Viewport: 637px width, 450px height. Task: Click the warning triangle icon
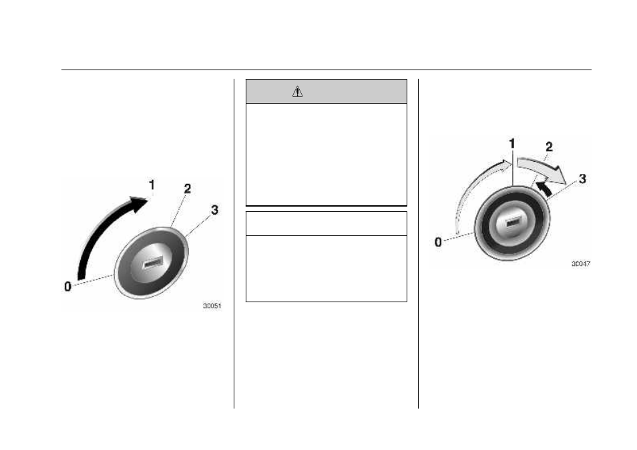[x=297, y=92]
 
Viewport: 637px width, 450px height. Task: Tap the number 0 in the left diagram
[x=68, y=286]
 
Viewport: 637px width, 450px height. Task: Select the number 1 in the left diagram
[x=152, y=185]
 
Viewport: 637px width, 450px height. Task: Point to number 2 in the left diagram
[x=187, y=189]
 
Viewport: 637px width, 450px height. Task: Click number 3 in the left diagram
[x=214, y=210]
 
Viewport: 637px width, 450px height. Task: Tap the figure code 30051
[x=212, y=306]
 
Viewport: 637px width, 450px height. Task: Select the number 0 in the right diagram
[x=438, y=242]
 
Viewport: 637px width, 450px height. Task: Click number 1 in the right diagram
[x=512, y=144]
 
